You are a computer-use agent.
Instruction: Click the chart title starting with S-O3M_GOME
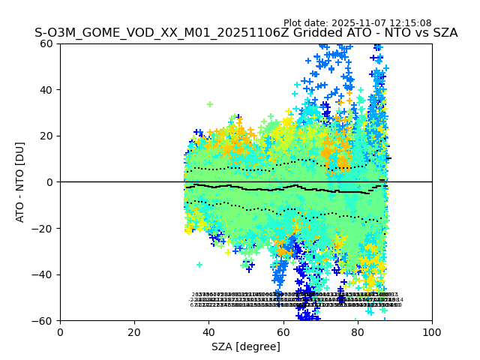[x=246, y=33]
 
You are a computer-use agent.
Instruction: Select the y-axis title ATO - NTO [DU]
[x=21, y=182]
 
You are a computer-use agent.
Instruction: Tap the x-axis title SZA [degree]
[x=246, y=346]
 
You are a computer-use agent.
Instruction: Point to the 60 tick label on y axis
[x=46, y=43]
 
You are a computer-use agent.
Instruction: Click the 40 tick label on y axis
[x=46, y=90]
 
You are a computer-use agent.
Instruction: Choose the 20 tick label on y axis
[x=46, y=136]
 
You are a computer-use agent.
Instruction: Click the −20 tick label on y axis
[x=43, y=229]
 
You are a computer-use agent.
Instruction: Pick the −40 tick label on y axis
[x=43, y=274]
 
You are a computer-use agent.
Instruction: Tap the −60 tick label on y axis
[x=43, y=321]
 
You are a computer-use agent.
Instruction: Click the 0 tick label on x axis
[x=60, y=332]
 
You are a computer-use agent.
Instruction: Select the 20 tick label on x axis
[x=134, y=332]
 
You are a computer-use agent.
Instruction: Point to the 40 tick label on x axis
[x=208, y=332]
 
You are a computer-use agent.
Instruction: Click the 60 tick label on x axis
[x=283, y=332]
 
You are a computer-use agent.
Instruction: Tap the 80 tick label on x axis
[x=358, y=332]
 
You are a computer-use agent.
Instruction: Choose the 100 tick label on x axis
[x=432, y=332]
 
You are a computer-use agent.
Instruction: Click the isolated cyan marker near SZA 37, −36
[x=199, y=265]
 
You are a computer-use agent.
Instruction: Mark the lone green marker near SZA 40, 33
[x=210, y=104]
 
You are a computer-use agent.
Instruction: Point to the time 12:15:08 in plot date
[x=409, y=23]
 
